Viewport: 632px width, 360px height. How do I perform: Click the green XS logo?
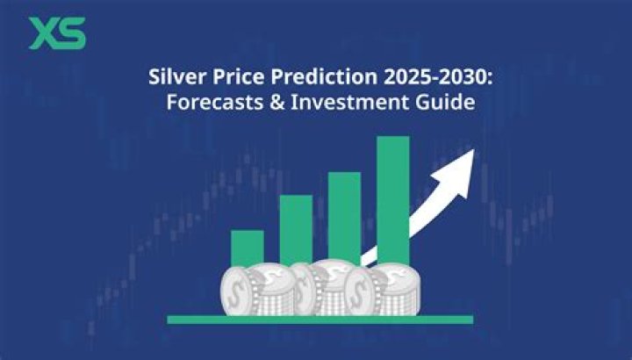(x=57, y=32)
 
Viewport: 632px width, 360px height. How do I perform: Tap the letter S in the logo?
(x=72, y=32)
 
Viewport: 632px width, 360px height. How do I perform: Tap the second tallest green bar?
(x=344, y=216)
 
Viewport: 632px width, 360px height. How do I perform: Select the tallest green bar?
(x=392, y=198)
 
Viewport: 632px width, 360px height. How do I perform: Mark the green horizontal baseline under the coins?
(x=320, y=319)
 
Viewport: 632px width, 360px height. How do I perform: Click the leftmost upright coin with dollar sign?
(x=237, y=291)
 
